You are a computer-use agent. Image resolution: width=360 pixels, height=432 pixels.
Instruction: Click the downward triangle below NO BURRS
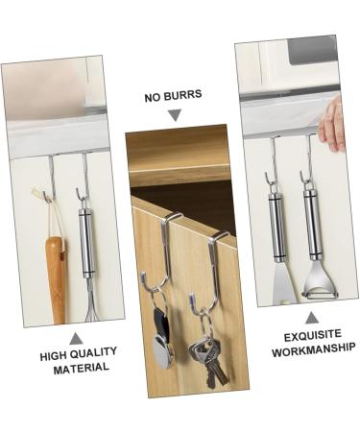pyautogui.click(x=174, y=115)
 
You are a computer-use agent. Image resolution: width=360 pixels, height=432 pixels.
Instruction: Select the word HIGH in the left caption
pyautogui.click(x=54, y=355)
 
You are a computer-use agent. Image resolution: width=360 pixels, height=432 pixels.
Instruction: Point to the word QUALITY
pyautogui.click(x=94, y=355)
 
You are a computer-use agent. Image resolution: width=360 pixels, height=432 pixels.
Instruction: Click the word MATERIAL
pyautogui.click(x=76, y=369)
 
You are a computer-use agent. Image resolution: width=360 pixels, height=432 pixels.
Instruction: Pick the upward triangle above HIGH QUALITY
pyautogui.click(x=76, y=338)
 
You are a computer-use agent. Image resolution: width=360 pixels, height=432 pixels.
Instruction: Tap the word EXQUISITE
pyautogui.click(x=313, y=336)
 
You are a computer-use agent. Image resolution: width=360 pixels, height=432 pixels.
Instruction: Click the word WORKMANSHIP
pyautogui.click(x=313, y=349)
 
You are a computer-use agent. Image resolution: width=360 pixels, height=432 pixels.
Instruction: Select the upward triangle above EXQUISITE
pyautogui.click(x=312, y=317)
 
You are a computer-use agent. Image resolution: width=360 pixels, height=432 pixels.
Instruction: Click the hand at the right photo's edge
pyautogui.click(x=332, y=123)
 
